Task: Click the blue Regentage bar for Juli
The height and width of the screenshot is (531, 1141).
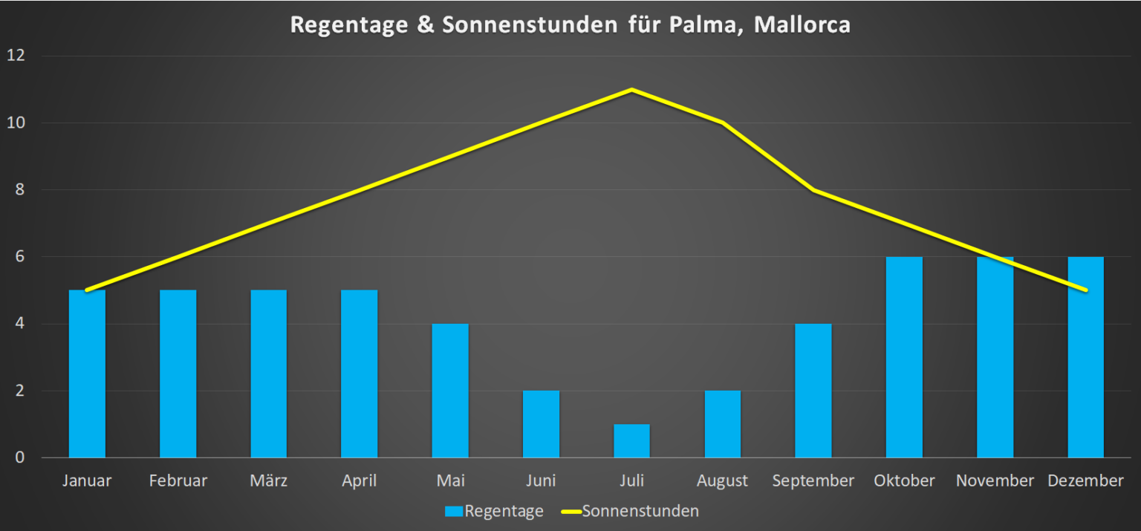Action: click(x=631, y=441)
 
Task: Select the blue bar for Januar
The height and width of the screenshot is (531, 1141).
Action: click(x=87, y=374)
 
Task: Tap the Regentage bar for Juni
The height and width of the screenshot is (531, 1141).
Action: click(x=541, y=424)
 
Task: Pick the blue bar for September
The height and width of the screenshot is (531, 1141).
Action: click(x=813, y=391)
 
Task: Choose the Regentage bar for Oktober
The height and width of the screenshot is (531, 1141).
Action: click(x=904, y=357)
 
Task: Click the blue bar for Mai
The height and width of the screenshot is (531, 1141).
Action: click(x=450, y=391)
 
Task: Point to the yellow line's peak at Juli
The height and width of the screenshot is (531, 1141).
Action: click(x=631, y=90)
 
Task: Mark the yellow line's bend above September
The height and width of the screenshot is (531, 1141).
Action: click(x=813, y=190)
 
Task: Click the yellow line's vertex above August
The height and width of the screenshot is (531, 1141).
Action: click(x=722, y=123)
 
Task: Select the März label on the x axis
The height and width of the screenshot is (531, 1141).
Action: click(x=268, y=481)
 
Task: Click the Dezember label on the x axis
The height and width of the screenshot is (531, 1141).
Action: click(x=1085, y=481)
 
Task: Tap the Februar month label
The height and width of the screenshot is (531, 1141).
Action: click(x=178, y=481)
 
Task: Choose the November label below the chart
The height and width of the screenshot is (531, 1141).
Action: click(x=995, y=481)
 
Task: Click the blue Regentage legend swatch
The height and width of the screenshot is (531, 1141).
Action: click(x=453, y=512)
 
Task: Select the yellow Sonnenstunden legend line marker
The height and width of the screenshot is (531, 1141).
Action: click(x=570, y=512)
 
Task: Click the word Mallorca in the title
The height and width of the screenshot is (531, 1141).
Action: click(x=802, y=25)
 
